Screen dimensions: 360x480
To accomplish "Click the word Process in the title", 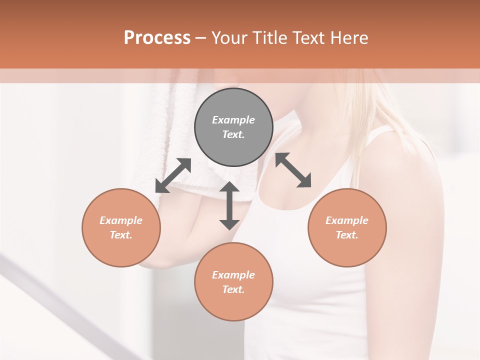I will (157, 38).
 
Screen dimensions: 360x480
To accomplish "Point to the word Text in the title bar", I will (309, 38).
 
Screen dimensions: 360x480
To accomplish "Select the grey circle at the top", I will (233, 127).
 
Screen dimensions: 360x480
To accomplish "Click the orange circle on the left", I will (121, 227).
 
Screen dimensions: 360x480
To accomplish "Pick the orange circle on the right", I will (347, 227).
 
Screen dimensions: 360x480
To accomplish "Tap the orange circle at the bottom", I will (233, 282).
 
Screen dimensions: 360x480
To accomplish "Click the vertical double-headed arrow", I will (229, 205).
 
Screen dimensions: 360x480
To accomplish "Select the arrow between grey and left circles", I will (173, 175).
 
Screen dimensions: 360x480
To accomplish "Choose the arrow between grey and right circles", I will (293, 170).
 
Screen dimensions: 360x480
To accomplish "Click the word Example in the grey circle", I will (233, 120).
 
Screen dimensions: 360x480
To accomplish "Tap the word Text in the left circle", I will (121, 235).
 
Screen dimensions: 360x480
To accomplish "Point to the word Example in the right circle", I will (347, 220).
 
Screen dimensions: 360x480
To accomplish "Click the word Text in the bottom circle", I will (233, 289).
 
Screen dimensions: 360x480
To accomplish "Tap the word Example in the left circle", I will (121, 220).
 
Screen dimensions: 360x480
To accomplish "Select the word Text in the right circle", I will (347, 235).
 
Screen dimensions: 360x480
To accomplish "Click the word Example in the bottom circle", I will (233, 275).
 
